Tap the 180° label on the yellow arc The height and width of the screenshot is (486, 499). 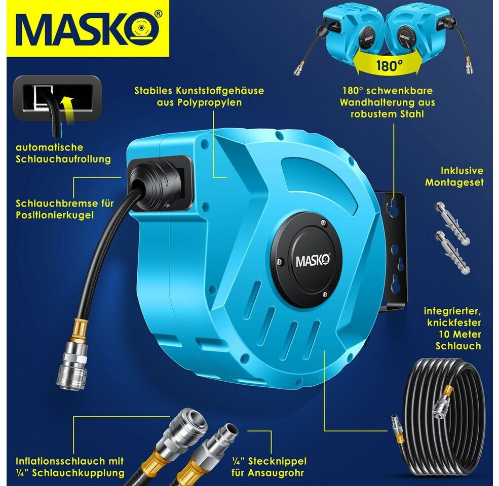389,65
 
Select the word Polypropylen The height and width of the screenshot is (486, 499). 199,102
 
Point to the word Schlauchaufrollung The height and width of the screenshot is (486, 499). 63,159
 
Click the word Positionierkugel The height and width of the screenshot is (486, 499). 55,215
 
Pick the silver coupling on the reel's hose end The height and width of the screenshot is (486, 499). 72,366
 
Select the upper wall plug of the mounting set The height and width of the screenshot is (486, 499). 452,223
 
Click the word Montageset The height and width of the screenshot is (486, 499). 454,182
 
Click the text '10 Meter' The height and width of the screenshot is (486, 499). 459,334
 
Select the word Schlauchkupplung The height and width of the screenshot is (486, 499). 78,473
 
